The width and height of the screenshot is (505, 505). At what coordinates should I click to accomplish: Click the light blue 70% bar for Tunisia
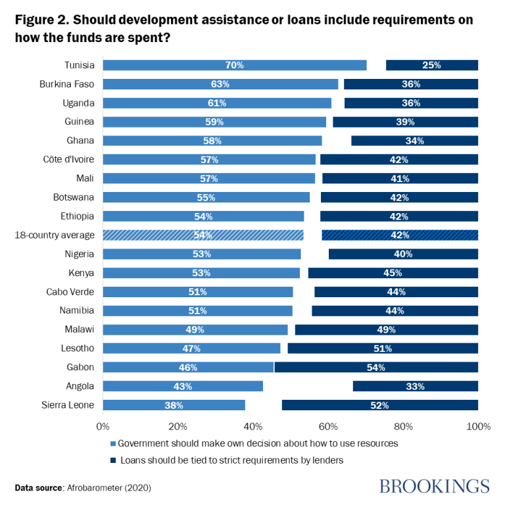[x=235, y=65]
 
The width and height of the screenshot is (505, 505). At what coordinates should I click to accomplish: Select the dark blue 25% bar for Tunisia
[x=431, y=65]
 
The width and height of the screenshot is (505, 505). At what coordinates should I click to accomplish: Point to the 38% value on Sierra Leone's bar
[x=174, y=406]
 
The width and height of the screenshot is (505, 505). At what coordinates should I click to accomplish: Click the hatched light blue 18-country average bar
[x=203, y=235]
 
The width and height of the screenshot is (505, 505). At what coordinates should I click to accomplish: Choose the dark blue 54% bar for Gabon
[x=376, y=368]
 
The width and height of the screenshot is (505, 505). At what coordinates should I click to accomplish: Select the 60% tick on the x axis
[x=328, y=426]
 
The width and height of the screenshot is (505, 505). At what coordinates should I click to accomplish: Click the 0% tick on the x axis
[x=103, y=426]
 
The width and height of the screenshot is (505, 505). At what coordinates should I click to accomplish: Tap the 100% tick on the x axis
[x=478, y=426]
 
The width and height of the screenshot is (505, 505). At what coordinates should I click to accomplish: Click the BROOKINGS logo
[x=435, y=487]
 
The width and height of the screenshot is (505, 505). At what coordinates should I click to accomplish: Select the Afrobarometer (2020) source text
[x=105, y=488]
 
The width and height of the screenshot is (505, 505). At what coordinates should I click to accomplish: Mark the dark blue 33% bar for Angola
[x=415, y=387]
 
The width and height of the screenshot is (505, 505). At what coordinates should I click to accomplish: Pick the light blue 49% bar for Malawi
[x=195, y=329]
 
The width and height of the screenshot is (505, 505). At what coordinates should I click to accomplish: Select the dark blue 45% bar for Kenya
[x=393, y=273]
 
